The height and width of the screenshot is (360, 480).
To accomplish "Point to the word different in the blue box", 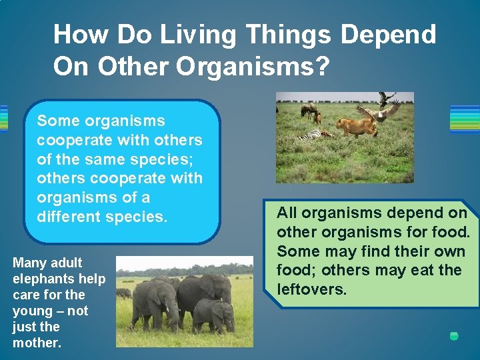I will point(71,217).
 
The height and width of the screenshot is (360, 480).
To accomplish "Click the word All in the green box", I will point(287,213).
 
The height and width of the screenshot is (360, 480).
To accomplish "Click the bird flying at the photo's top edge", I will point(385,99).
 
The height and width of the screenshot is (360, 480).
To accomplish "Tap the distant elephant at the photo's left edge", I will point(124,293).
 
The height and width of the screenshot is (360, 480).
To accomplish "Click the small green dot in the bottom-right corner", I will point(454,336).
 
